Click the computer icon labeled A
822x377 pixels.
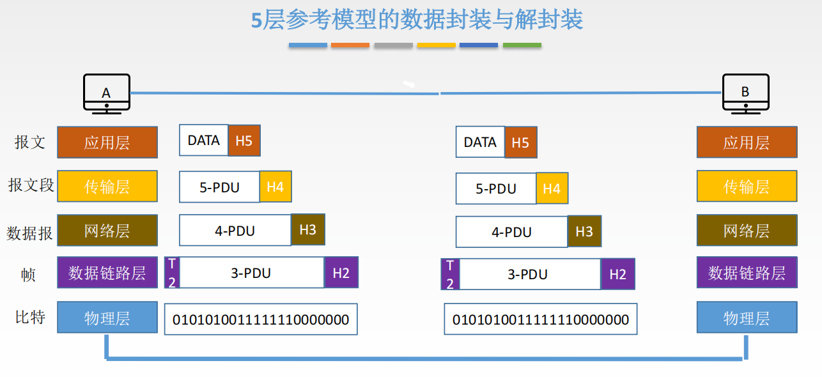coord(107,93)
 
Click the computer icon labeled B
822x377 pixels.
coord(745,93)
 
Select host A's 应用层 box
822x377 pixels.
coord(107,142)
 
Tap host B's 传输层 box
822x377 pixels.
coord(747,187)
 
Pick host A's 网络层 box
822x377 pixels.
coord(107,231)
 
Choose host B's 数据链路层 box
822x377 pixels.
coord(747,273)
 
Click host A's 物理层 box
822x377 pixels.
coord(107,318)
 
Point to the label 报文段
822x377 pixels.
coord(31,185)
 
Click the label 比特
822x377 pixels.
coord(30,317)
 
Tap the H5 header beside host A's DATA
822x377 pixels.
coord(244,141)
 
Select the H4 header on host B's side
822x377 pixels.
coord(552,188)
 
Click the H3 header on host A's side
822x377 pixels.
coord(308,230)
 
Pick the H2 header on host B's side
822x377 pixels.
coord(617,274)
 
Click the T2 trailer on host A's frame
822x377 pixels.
coord(172,273)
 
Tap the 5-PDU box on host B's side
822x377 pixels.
coord(496,188)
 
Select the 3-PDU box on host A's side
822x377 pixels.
coord(251,273)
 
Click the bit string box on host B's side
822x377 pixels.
coord(541,319)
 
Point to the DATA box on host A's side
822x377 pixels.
coord(204,141)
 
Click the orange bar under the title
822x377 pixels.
coord(350,45)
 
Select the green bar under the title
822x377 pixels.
coord(522,45)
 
